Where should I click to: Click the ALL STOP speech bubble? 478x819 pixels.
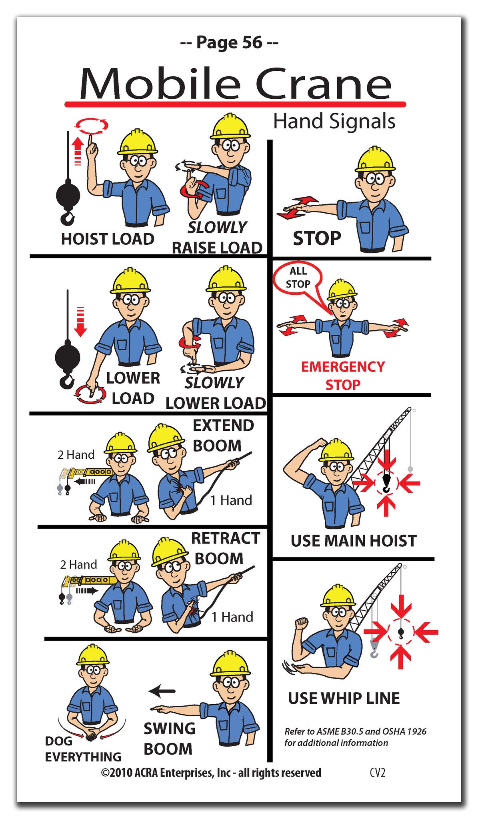click(x=298, y=278)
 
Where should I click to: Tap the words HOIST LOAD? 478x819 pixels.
click(x=107, y=239)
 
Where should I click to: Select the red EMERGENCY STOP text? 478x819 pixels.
click(x=343, y=375)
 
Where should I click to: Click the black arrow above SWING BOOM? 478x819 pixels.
click(x=162, y=690)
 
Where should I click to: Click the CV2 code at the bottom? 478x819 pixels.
click(x=377, y=772)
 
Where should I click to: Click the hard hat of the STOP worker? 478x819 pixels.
click(x=375, y=160)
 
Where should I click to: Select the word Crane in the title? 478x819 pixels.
click(x=322, y=85)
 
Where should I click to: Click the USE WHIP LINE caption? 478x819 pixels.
click(x=344, y=698)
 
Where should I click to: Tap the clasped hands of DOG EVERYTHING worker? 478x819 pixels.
click(x=92, y=734)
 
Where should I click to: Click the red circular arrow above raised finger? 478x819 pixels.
click(x=92, y=126)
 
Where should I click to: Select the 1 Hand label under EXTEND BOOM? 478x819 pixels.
click(x=231, y=500)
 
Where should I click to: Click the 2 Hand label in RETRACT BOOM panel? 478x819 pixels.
click(x=78, y=564)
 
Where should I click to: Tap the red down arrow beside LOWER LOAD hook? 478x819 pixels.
click(x=80, y=322)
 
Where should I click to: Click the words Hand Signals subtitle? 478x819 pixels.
click(x=334, y=121)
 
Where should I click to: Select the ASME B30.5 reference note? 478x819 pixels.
click(x=355, y=737)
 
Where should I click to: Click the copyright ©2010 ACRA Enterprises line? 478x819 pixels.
click(x=211, y=772)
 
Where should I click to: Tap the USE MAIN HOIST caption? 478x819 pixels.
click(x=353, y=541)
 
